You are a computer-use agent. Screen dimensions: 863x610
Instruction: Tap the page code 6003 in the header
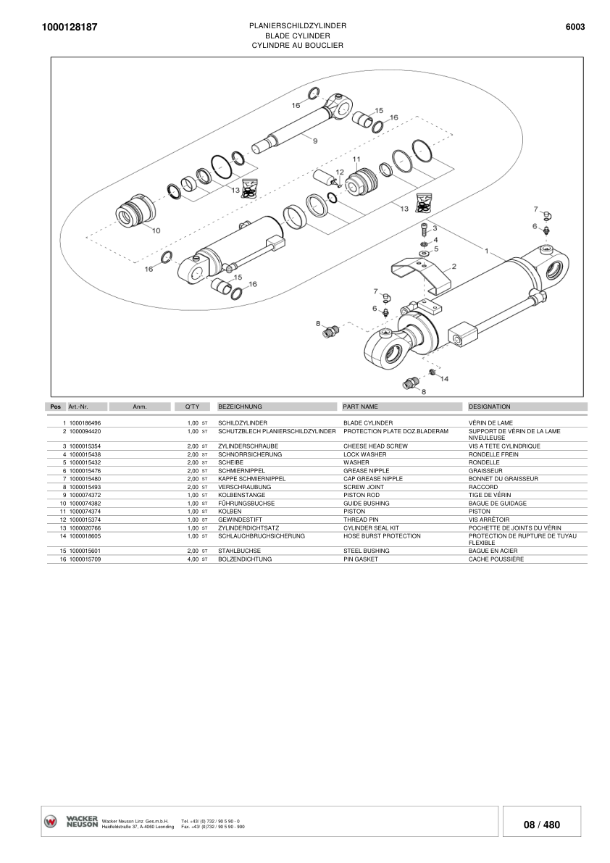(x=575, y=28)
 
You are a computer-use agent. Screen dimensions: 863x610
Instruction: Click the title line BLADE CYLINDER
(x=297, y=36)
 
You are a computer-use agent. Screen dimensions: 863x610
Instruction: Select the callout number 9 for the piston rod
(x=315, y=141)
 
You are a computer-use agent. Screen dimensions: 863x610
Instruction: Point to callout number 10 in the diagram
(x=156, y=230)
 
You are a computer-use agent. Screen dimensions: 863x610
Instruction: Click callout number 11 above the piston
(x=356, y=158)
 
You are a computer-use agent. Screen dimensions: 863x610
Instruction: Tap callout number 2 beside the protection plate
(x=454, y=266)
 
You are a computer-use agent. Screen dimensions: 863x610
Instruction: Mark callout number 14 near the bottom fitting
(x=444, y=379)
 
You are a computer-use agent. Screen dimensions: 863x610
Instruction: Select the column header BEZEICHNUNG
(x=240, y=407)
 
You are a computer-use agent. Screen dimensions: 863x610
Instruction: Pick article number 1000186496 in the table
(x=85, y=422)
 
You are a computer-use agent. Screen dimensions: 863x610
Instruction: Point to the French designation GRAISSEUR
(x=486, y=471)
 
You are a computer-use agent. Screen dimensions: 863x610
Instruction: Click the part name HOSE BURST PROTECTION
(x=382, y=536)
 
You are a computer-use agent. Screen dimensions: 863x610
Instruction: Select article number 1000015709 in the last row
(x=85, y=560)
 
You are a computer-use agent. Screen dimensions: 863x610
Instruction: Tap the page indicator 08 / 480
(x=541, y=825)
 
